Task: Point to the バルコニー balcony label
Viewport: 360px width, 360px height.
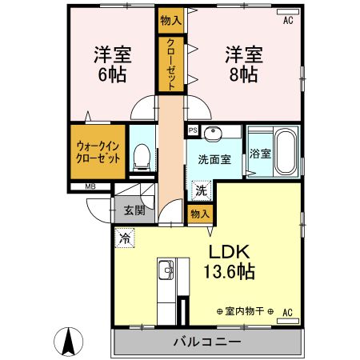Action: point(207,342)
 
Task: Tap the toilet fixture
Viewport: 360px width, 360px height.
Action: point(142,155)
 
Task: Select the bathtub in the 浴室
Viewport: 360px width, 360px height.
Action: point(286,153)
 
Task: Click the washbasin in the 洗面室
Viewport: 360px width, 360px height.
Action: point(214,135)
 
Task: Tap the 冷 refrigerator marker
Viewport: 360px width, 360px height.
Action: point(124,237)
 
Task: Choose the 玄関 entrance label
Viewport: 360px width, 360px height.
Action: point(134,211)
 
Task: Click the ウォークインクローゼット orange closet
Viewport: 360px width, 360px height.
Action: point(98,153)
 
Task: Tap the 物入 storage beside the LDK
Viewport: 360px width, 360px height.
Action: point(199,213)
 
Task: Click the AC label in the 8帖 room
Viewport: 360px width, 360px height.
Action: point(287,22)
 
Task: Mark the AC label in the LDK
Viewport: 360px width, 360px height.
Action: point(287,312)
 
